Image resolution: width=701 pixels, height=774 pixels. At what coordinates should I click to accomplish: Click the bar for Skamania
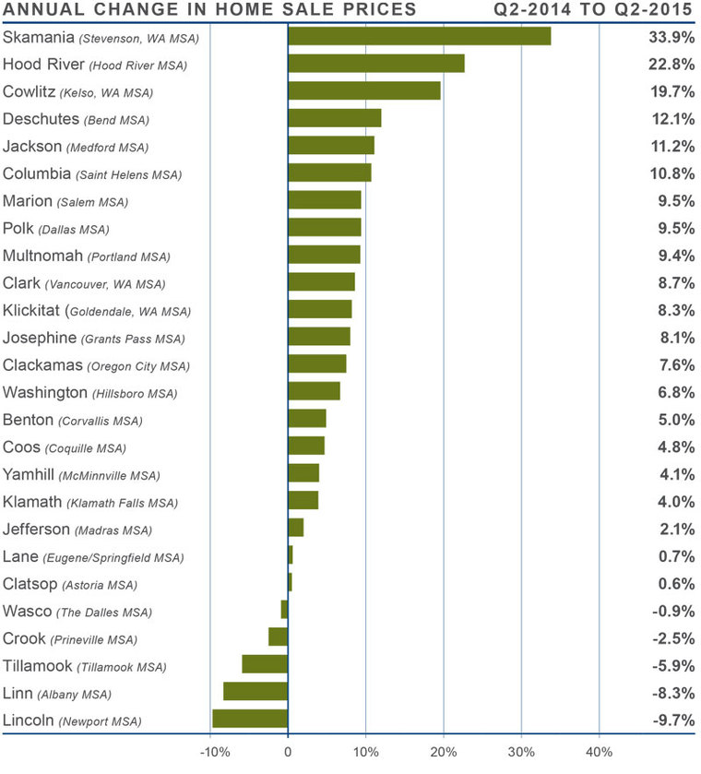pyautogui.click(x=420, y=36)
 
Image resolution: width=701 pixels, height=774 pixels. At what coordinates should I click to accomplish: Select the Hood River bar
pyautogui.click(x=376, y=64)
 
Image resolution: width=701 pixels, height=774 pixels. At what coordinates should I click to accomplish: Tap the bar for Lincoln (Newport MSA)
pyautogui.click(x=250, y=719)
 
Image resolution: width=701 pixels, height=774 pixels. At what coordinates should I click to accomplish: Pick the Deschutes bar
pyautogui.click(x=335, y=118)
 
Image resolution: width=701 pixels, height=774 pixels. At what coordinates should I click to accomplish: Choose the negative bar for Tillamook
pyautogui.click(x=265, y=664)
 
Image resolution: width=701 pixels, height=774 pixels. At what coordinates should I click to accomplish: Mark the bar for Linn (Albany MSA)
pyautogui.click(x=255, y=691)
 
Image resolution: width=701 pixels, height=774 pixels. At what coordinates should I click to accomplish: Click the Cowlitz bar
pyautogui.click(x=364, y=90)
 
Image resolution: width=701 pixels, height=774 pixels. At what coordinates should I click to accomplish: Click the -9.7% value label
pyautogui.click(x=671, y=720)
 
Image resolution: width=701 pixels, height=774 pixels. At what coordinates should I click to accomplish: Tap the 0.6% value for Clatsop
pyautogui.click(x=673, y=583)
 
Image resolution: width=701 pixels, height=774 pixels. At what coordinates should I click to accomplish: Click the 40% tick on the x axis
pyautogui.click(x=600, y=751)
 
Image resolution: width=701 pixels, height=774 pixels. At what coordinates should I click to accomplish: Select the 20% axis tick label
pyautogui.click(x=444, y=751)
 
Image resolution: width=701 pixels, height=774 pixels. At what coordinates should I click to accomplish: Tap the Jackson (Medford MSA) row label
pyautogui.click(x=76, y=147)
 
